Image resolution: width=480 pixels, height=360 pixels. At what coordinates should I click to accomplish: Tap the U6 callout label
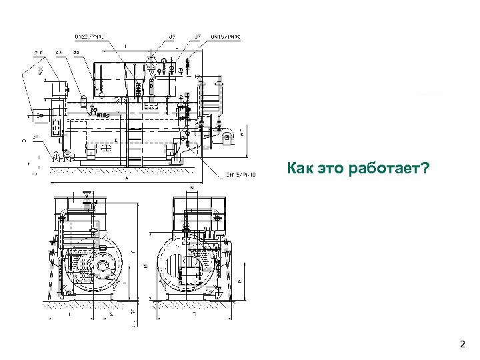coord(171,36)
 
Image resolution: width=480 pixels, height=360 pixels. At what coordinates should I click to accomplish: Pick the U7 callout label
coord(198,36)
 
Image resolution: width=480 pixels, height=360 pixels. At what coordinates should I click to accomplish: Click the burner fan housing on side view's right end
coord(227,138)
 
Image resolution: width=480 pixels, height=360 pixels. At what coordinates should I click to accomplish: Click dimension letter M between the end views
coord(145,267)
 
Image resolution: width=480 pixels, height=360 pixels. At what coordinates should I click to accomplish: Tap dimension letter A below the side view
coord(127,179)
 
